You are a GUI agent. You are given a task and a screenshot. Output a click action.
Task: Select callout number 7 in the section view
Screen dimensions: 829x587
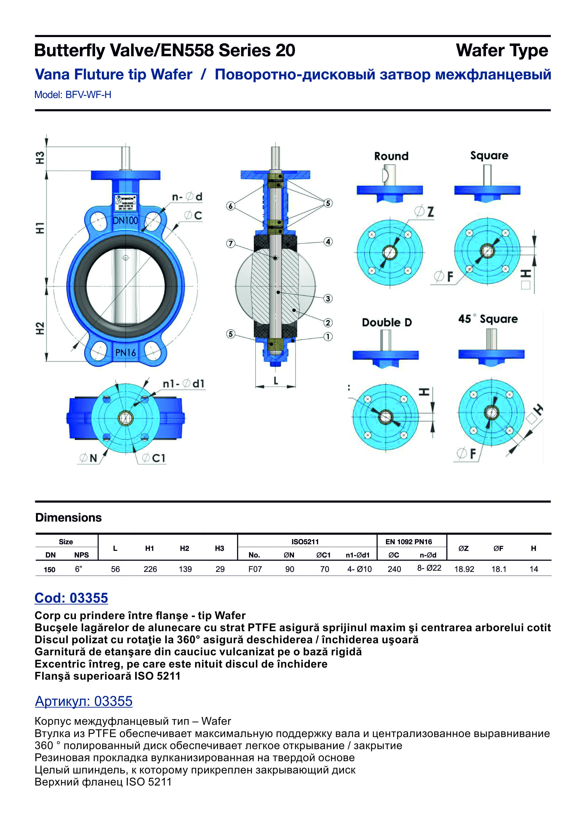pos(230,243)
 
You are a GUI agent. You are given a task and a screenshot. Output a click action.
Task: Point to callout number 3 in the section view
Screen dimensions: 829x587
pos(328,299)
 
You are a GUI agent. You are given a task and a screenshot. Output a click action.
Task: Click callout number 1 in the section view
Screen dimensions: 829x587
pos(328,337)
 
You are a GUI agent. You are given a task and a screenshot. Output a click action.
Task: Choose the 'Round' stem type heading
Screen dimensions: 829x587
pos(391,156)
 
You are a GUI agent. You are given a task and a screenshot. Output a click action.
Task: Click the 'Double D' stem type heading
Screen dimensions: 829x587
pos(387,322)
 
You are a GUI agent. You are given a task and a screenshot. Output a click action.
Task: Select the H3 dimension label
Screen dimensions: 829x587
pos(40,158)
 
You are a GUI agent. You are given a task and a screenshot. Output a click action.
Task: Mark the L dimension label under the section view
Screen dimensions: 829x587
pos(276,380)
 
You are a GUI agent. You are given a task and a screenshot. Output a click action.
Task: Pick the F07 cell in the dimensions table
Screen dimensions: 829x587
pos(255,569)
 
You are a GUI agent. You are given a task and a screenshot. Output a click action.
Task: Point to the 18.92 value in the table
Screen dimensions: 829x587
pos(464,569)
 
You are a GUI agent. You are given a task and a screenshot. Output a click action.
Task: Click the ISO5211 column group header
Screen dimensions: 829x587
pos(305,542)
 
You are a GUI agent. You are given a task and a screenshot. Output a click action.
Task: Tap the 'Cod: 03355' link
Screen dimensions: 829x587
pos(71,598)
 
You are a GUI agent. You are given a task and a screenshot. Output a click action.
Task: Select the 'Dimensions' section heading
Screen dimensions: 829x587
pos(68,517)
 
